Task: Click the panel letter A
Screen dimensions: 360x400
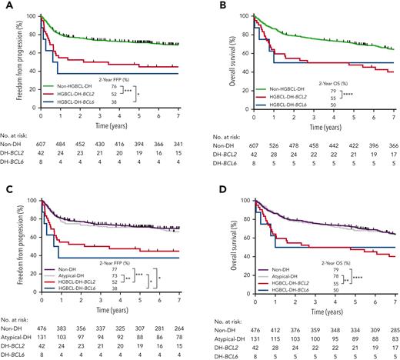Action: [5, 6]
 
